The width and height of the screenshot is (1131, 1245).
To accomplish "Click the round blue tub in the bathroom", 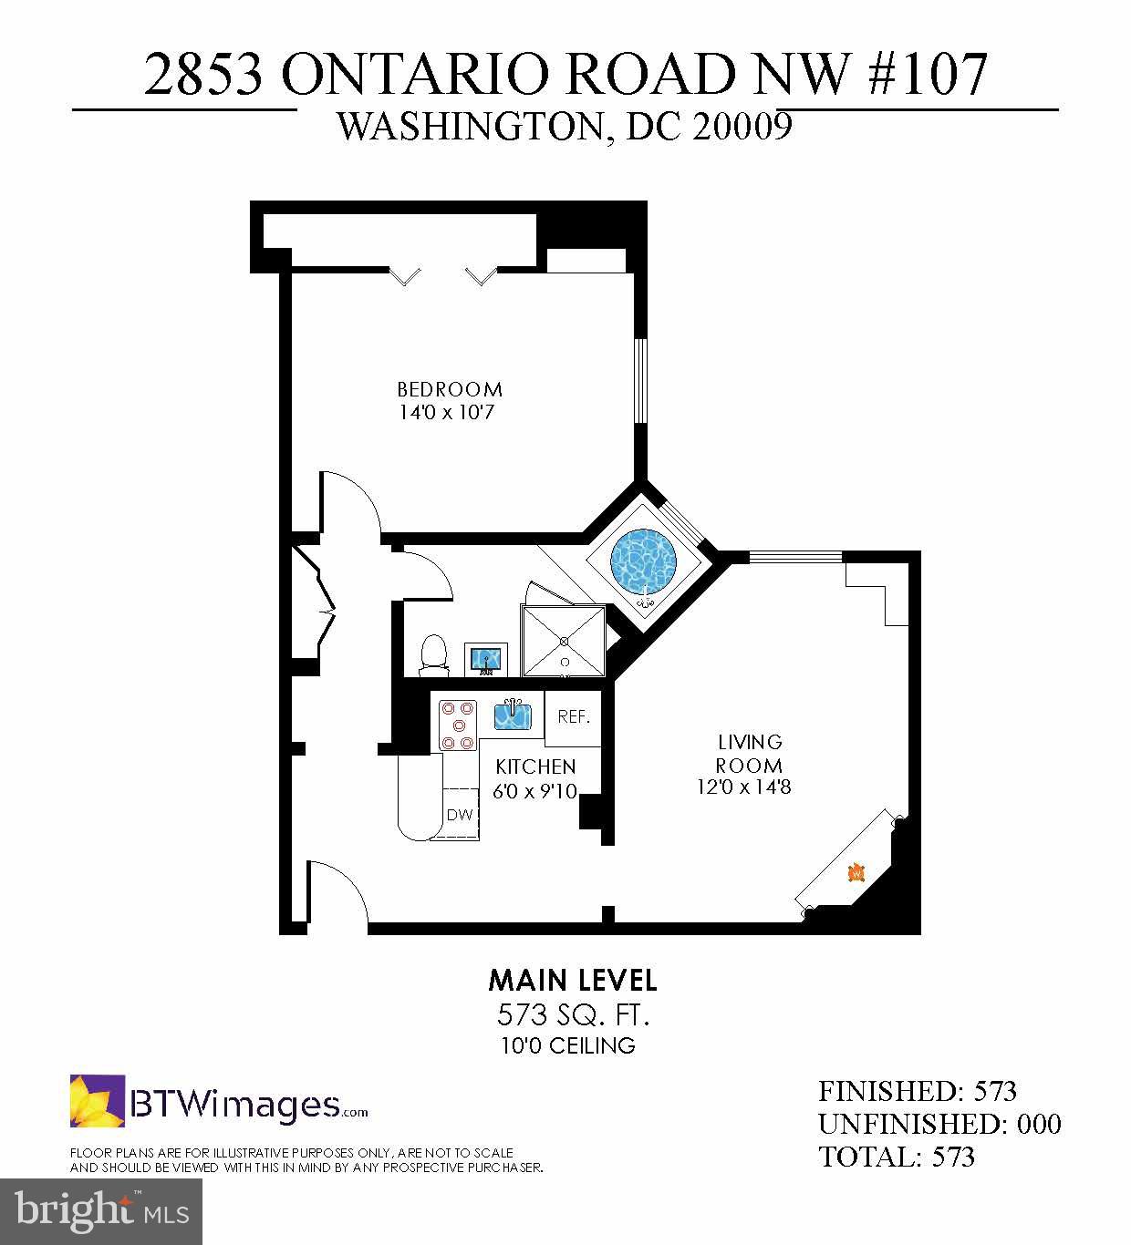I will coord(644,559).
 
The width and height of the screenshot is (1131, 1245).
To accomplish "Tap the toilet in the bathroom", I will coord(434,656).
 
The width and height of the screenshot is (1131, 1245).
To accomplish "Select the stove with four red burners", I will coord(458,724).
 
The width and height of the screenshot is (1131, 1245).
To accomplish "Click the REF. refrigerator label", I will coord(574,716).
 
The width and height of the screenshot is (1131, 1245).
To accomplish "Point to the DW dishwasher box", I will coord(461,815).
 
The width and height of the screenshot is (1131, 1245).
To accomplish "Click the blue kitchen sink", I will coord(513,714).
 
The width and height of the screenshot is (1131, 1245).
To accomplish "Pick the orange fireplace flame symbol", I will coord(856,872).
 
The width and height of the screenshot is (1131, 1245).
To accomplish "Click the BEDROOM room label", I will coord(450,389).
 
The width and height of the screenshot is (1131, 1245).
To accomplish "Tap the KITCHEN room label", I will coord(535,767).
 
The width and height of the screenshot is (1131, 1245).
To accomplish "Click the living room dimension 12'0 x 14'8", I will coord(743,787).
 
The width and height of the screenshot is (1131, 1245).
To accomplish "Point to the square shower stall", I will coord(564,641).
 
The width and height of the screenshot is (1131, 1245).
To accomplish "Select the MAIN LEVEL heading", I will coord(572,981).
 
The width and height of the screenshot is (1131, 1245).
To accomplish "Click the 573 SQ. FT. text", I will coord(572,1013).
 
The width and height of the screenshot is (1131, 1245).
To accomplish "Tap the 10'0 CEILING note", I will coord(567,1045).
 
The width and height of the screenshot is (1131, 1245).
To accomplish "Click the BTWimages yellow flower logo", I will coord(98,1101).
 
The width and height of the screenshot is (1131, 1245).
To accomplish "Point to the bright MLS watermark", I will coord(101,1211).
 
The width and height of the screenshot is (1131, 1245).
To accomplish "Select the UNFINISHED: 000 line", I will coord(939,1124).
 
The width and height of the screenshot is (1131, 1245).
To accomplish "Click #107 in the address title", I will coord(928,74).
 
